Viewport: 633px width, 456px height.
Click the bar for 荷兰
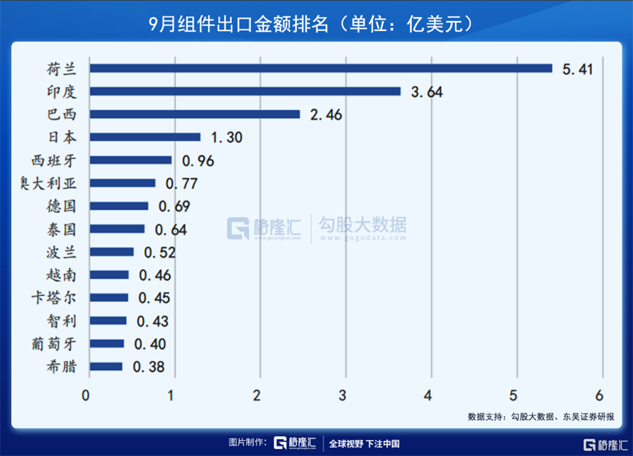click(x=320, y=68)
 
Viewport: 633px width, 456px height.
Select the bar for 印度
click(x=244, y=91)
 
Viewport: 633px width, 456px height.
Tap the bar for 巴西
click(x=194, y=114)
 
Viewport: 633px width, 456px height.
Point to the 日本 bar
click(x=144, y=137)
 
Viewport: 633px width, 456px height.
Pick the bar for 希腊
click(x=105, y=367)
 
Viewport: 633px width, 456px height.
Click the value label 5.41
click(x=578, y=69)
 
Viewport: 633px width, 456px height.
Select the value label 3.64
click(x=426, y=92)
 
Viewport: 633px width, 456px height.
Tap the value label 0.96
click(x=198, y=160)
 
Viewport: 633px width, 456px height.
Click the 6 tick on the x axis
click(x=599, y=395)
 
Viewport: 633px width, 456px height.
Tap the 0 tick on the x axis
click(x=86, y=395)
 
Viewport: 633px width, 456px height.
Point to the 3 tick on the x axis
click(x=343, y=395)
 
